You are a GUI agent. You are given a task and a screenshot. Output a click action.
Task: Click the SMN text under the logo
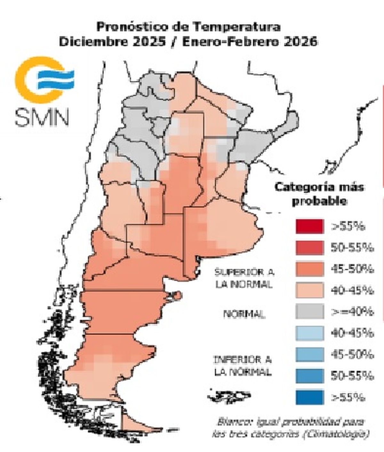[x=42, y=117]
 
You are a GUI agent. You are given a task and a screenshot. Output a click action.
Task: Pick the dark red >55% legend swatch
[x=309, y=226]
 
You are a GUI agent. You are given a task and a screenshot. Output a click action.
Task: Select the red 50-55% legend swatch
[x=309, y=248]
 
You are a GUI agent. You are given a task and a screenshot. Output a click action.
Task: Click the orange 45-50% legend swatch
[x=309, y=269]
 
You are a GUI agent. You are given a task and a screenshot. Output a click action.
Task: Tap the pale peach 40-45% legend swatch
[x=309, y=291]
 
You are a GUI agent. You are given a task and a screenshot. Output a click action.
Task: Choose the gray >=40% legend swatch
[x=309, y=312]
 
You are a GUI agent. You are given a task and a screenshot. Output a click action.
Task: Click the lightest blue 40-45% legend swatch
[x=309, y=333]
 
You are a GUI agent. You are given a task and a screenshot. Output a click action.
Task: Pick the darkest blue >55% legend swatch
[x=309, y=397]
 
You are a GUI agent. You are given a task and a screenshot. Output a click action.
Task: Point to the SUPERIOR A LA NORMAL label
[x=244, y=278]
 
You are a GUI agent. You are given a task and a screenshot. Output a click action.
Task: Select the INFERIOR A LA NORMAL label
[x=243, y=366]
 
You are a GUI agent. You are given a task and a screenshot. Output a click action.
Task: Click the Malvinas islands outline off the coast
[x=229, y=396]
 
